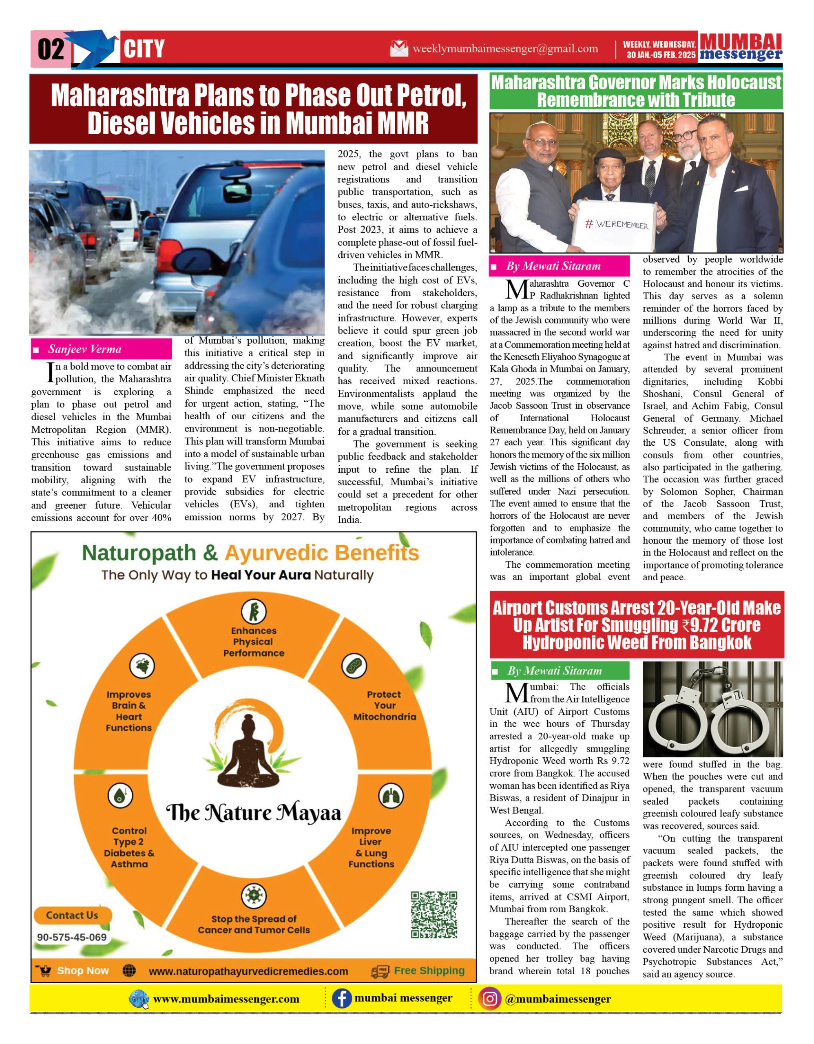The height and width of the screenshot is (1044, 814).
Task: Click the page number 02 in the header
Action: click(x=50, y=49)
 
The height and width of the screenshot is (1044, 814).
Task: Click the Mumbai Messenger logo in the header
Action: click(x=741, y=47)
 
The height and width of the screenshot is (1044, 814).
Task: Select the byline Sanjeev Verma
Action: click(x=84, y=349)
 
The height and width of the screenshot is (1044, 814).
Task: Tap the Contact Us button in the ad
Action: click(x=72, y=916)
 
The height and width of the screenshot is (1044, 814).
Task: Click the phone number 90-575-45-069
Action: click(x=72, y=938)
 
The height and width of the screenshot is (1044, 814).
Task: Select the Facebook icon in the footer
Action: click(x=342, y=999)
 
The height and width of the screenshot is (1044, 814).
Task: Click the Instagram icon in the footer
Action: click(x=490, y=999)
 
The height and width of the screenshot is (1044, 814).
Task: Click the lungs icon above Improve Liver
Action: click(x=391, y=796)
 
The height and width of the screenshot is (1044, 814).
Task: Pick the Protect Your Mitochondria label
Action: click(x=385, y=706)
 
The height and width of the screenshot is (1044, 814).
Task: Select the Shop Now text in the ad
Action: click(x=83, y=971)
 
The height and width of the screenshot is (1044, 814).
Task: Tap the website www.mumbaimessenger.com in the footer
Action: click(x=226, y=1000)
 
